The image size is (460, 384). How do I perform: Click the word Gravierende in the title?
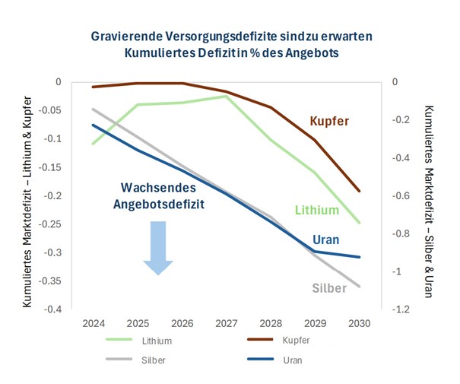coord(127,36)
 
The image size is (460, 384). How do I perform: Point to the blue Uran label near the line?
coord(325,239)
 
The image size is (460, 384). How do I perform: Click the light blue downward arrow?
coord(158,246)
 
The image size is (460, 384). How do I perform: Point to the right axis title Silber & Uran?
coord(429,201)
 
